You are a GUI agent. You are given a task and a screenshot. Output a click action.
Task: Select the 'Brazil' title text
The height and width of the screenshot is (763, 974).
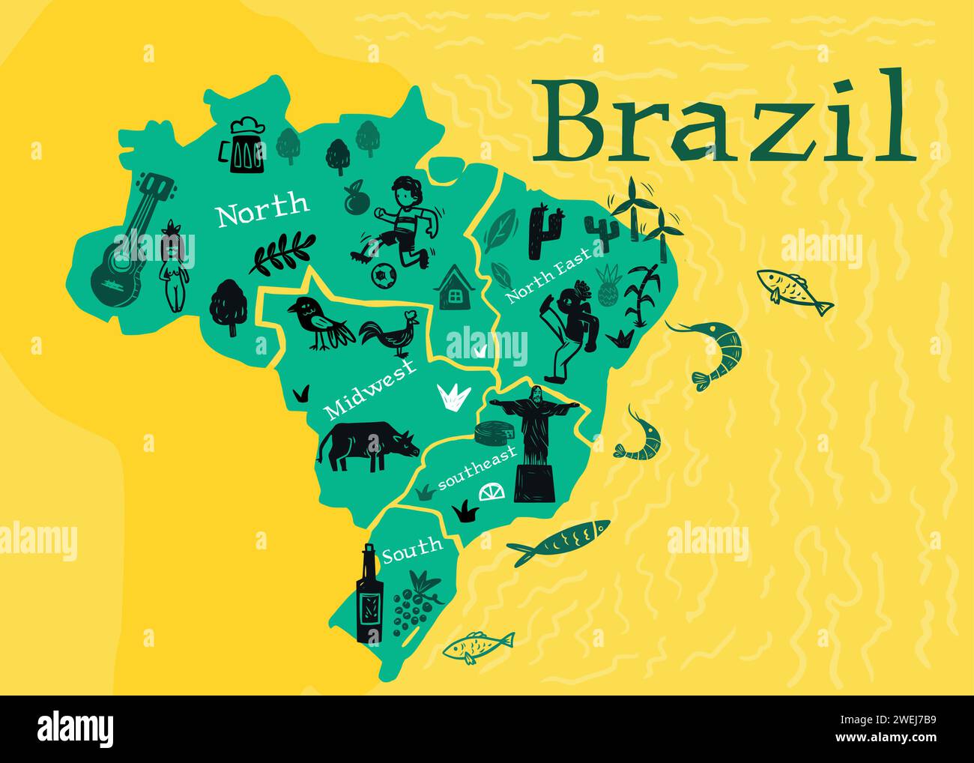point(724,118)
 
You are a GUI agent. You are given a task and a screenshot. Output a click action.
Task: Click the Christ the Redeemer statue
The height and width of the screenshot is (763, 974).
point(534,442)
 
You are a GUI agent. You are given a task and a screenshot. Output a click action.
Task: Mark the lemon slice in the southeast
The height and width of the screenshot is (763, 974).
point(492,492)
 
